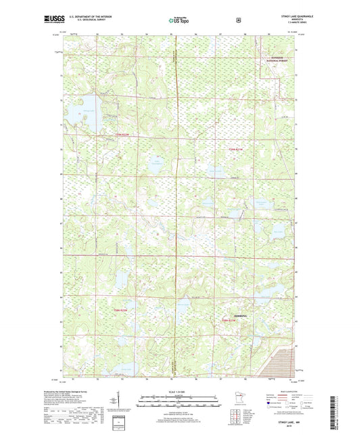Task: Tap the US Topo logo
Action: click(x=179, y=21)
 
